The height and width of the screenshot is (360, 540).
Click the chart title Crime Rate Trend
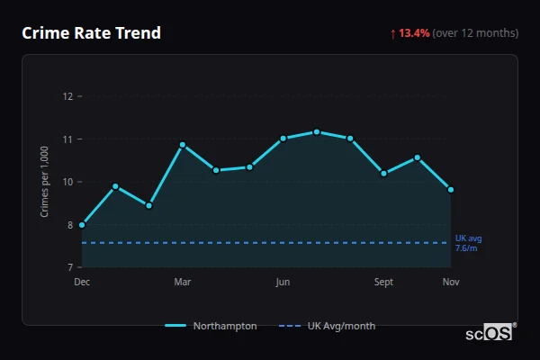click(x=91, y=33)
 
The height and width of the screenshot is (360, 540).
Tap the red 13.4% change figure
click(x=415, y=33)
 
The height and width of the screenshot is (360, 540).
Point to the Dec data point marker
click(x=82, y=225)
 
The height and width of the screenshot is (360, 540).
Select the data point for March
click(x=183, y=145)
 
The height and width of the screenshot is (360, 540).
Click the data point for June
click(x=283, y=139)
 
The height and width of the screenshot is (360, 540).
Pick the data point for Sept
click(x=383, y=173)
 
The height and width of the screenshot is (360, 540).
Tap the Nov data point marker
click(x=451, y=190)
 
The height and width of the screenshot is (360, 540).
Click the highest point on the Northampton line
click(x=317, y=132)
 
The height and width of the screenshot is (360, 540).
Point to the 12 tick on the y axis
click(x=67, y=96)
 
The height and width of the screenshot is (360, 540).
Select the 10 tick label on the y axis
click(x=67, y=182)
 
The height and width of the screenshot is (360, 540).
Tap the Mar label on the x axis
click(x=183, y=283)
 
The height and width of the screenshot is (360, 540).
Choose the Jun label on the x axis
click(x=283, y=283)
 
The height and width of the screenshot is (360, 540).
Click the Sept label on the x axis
click(x=383, y=283)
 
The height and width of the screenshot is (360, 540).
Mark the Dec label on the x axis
click(x=82, y=283)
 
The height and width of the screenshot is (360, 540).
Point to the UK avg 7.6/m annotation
click(x=468, y=243)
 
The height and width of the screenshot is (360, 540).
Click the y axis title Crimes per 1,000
click(x=44, y=182)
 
